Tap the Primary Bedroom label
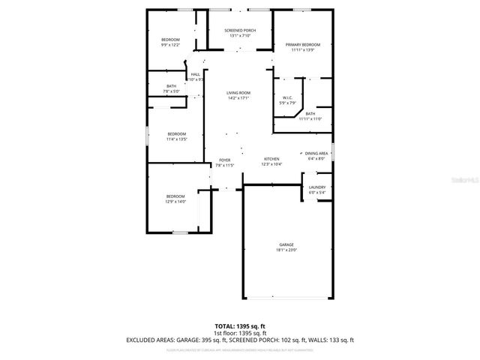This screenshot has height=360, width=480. click(x=303, y=45)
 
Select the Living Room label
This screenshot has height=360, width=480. click(x=238, y=93)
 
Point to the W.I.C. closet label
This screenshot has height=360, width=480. click(x=287, y=97)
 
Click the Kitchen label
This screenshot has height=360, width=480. click(x=271, y=160)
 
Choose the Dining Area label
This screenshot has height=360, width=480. click(x=316, y=153)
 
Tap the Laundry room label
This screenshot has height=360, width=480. click(x=316, y=187)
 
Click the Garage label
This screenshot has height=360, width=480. click(x=286, y=244)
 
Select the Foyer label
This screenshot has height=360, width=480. click(x=224, y=160)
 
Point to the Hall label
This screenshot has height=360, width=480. click(x=195, y=74)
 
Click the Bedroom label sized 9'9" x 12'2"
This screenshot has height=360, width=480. click(x=170, y=40)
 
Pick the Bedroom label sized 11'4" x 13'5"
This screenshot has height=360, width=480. click(x=176, y=133)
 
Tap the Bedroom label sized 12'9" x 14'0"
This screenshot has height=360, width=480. click(x=175, y=196)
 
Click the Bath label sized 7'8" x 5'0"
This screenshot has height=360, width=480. click(x=171, y=86)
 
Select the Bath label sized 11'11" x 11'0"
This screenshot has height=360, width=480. click(x=310, y=114)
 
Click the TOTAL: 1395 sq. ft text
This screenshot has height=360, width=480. click(x=240, y=326)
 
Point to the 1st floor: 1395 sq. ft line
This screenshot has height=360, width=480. click(x=240, y=333)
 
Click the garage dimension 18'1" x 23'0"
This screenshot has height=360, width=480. click(x=286, y=250)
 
